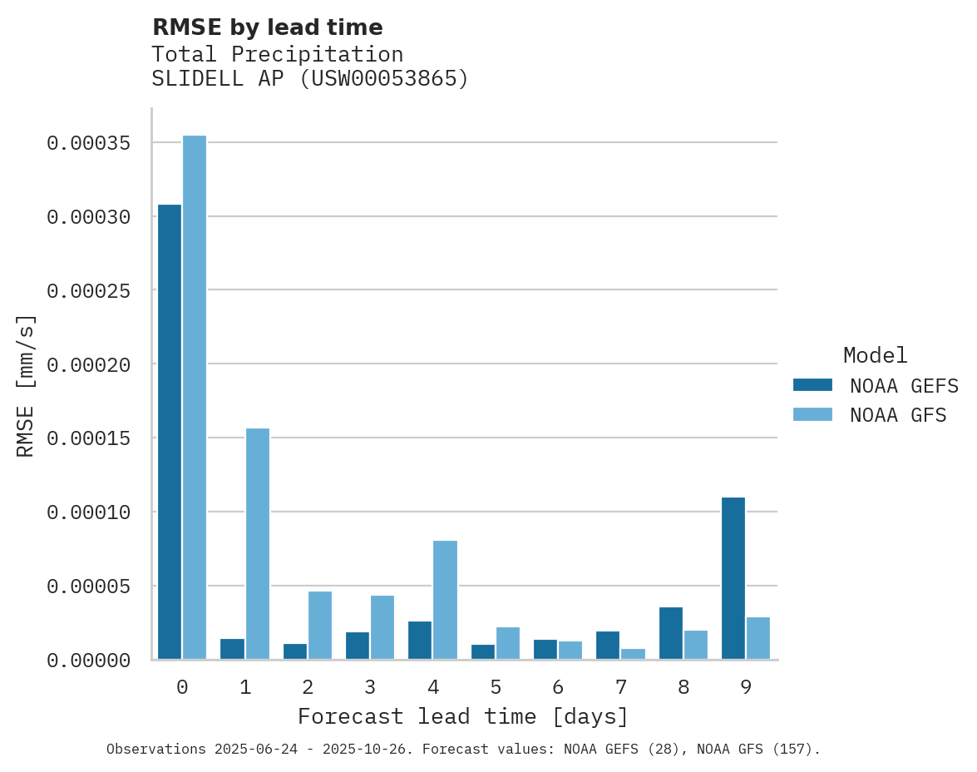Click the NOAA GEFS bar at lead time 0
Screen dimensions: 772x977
pos(170,432)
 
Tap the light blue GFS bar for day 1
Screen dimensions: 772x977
pos(258,544)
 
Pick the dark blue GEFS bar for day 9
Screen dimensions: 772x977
pos(733,578)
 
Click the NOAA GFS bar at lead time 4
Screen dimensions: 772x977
pos(446,600)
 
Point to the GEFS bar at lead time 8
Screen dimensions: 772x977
pos(671,633)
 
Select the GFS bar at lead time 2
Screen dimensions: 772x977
pos(320,626)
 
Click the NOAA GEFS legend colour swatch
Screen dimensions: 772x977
pos(812,385)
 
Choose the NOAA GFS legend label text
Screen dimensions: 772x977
pos(898,415)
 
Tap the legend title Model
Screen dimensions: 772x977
pos(875,355)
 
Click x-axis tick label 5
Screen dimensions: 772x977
pos(496,687)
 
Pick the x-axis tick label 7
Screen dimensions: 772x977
pos(621,687)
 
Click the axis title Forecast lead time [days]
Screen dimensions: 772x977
pos(463,716)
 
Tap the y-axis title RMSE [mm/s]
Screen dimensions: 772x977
pos(26,385)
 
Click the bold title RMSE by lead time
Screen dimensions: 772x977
pos(267,27)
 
